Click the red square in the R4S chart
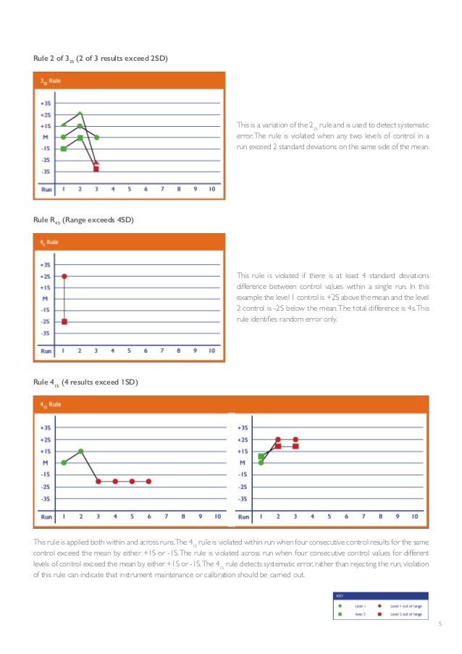pos(64,322)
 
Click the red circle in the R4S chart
pos(64,276)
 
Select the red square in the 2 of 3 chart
pos(96,168)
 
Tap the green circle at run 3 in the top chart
pos(96,137)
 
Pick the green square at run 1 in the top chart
pos(64,148)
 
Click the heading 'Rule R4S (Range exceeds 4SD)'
pos(83,219)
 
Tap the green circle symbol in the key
pos(340,605)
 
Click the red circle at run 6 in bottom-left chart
pos(148,481)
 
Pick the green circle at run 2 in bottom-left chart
pos(81,451)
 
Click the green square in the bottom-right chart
pos(261,457)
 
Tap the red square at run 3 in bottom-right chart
pos(295,446)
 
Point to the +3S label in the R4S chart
pos(45,264)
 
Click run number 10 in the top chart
pos(211,190)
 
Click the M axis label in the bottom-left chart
pos(45,462)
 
